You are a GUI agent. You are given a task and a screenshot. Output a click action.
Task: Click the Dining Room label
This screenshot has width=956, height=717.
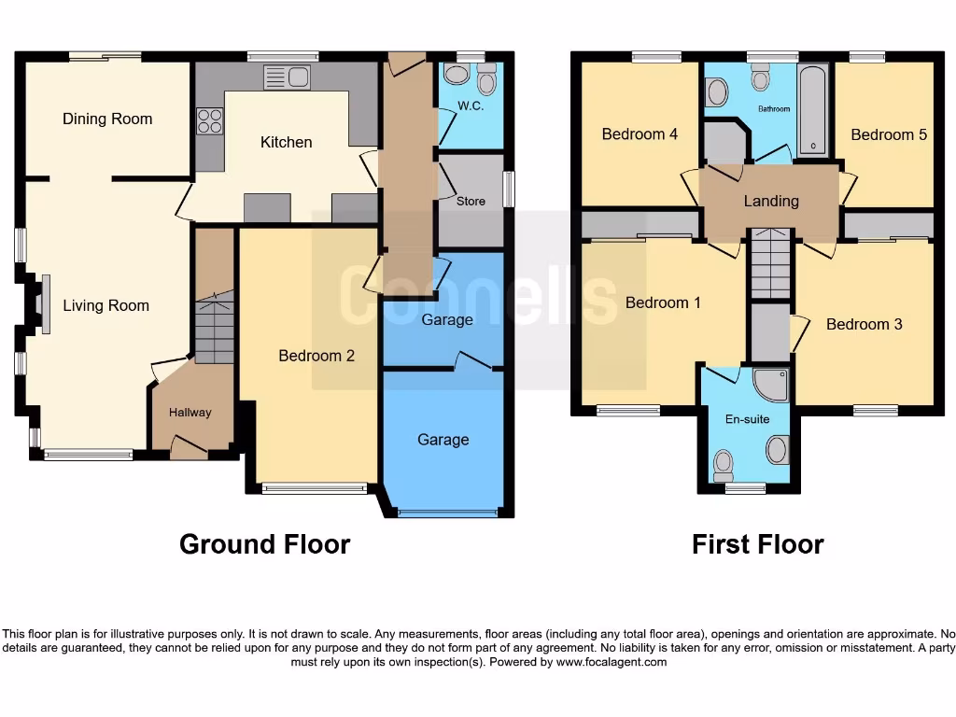tap(107, 119)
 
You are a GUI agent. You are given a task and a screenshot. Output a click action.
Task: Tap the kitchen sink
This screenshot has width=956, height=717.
tap(288, 77)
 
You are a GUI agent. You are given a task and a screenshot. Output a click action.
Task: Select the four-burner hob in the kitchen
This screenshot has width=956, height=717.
tap(209, 122)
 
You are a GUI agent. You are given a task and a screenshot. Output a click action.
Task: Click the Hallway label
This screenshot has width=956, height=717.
tap(190, 413)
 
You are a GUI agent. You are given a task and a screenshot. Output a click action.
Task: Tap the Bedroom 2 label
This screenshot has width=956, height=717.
tap(316, 356)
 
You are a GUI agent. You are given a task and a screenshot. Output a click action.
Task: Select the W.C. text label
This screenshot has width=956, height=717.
tap(471, 106)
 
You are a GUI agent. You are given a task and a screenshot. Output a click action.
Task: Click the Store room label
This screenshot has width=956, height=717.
tap(471, 201)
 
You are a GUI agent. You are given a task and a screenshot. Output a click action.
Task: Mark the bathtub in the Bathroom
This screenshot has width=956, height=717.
tap(813, 110)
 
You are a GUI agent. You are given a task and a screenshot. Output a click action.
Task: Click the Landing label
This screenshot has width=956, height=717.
tap(771, 201)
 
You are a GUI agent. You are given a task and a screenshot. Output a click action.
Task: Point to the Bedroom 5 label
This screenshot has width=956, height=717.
tap(889, 134)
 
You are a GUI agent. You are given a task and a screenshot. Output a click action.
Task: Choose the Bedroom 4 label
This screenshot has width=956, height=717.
tap(640, 134)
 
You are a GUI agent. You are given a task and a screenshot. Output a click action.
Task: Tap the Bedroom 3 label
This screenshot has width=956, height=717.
tap(865, 324)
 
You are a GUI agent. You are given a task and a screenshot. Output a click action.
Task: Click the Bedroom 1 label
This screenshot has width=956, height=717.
tap(663, 302)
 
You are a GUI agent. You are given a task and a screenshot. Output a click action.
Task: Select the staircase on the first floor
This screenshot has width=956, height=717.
tap(771, 264)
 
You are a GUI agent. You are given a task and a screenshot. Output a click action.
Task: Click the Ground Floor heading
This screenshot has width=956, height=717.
tap(264, 544)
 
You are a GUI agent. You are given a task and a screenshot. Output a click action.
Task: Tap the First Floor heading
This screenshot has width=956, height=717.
tap(757, 544)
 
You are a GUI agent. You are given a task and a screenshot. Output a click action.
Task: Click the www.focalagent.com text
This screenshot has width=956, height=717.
tap(612, 662)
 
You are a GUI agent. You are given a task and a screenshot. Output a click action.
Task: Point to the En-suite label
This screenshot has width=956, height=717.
tap(747, 419)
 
